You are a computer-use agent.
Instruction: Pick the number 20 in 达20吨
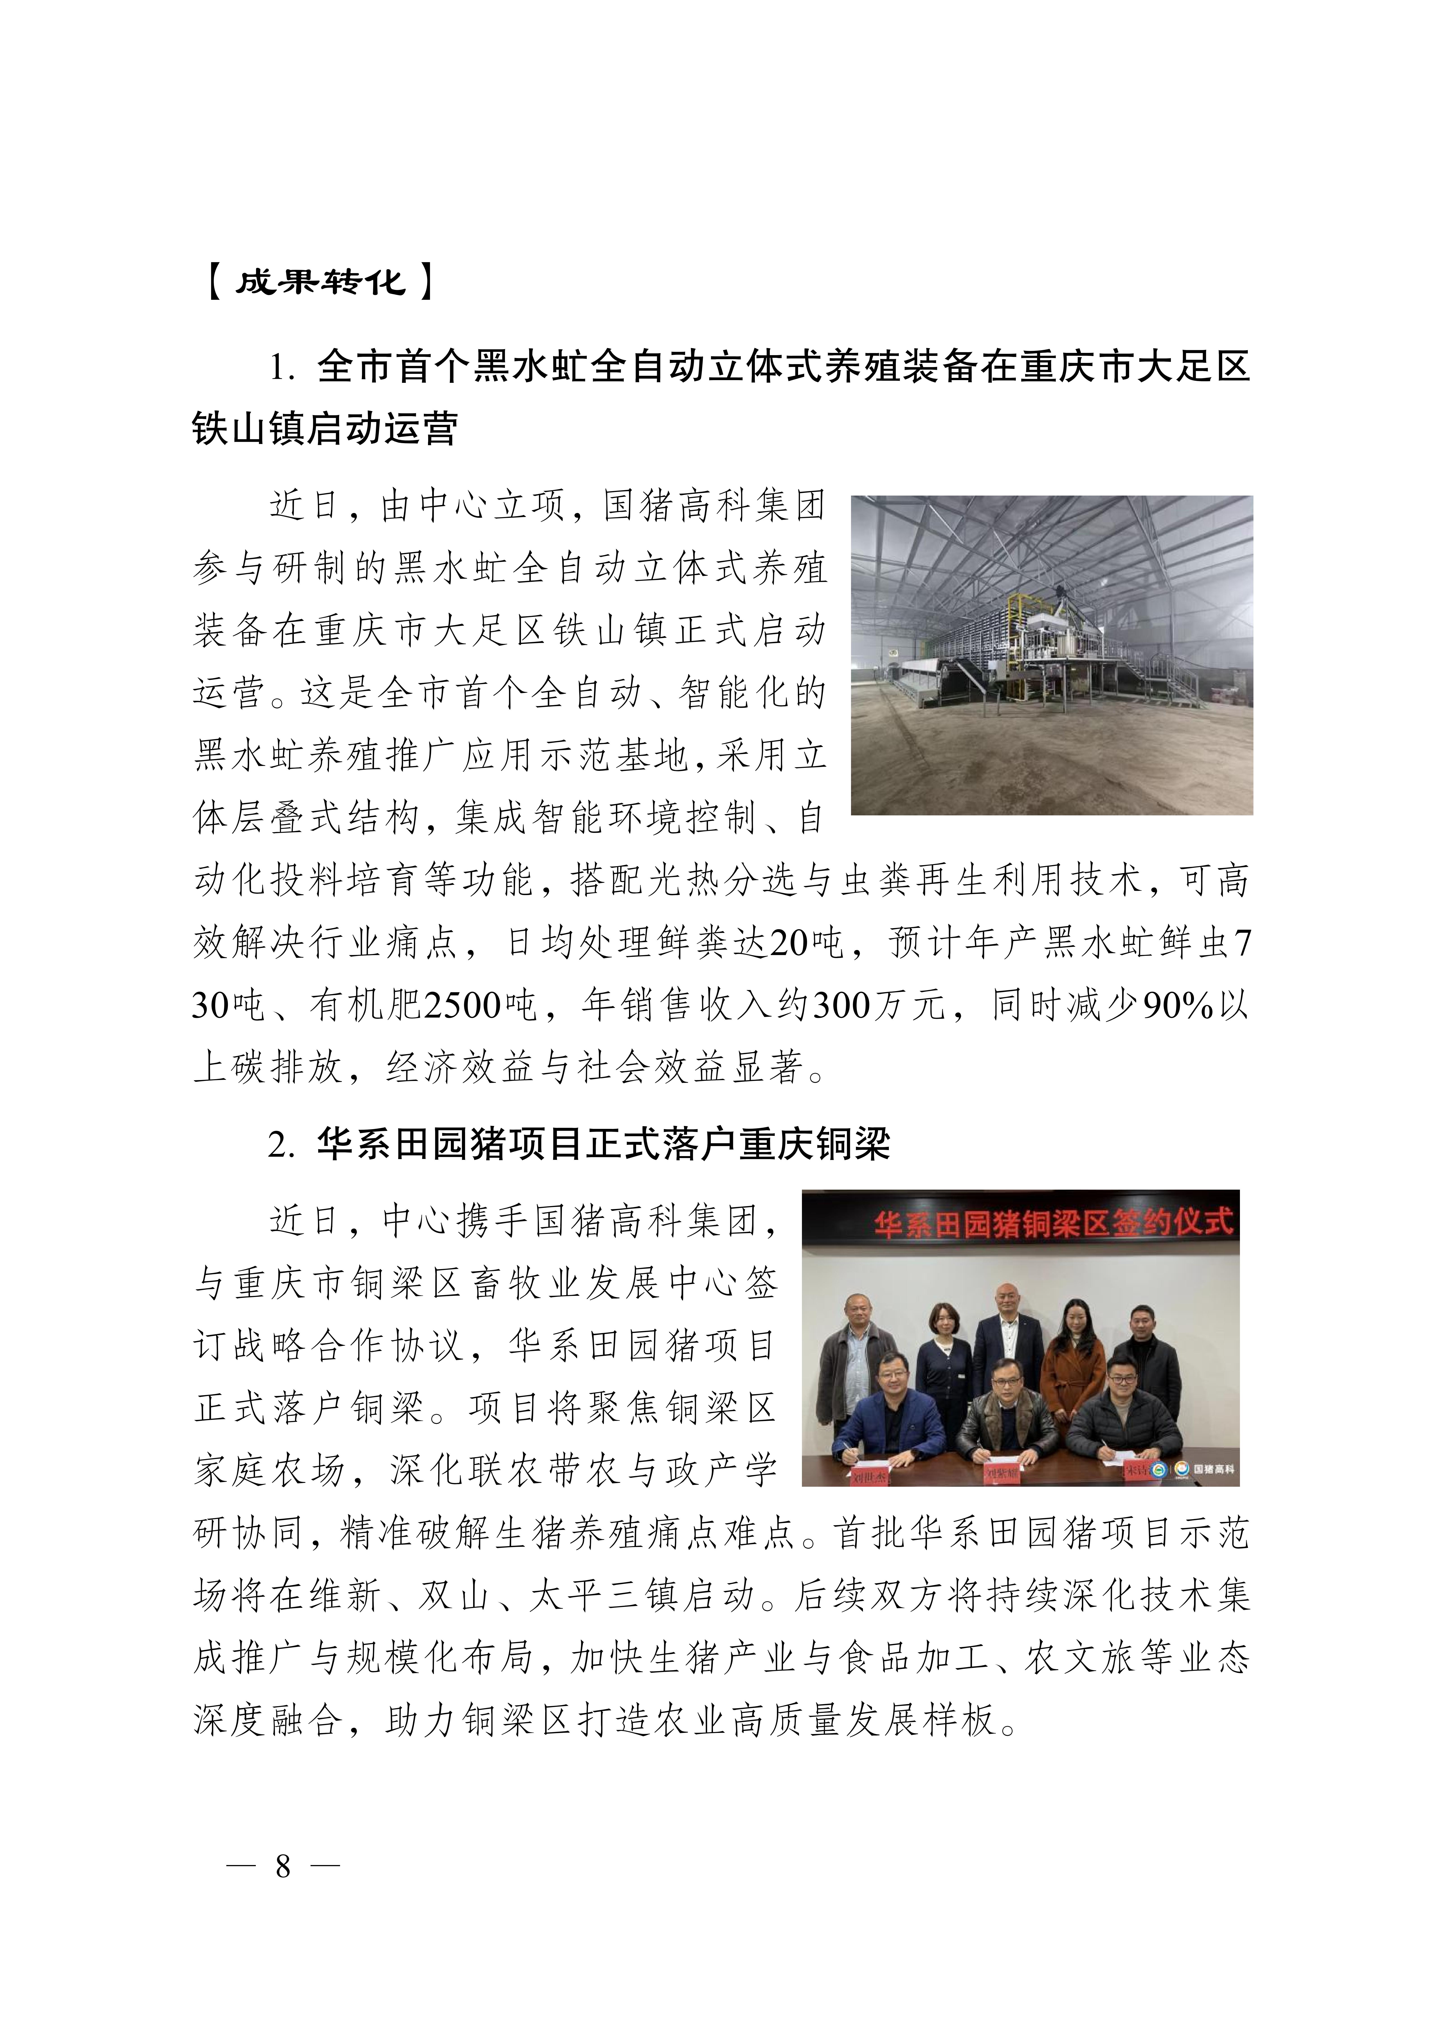790,943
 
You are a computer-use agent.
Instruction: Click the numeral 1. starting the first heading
282,368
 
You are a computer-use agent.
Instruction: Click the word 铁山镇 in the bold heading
251,430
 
